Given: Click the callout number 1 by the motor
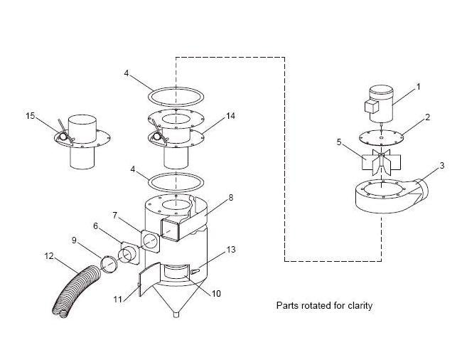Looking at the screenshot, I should coord(418,87).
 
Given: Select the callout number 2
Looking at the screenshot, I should coord(428,117).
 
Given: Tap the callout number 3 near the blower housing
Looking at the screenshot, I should coord(441,165).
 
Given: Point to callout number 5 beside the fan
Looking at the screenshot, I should coord(340,142).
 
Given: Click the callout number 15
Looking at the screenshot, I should coord(30,115).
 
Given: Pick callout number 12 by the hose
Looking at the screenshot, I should coord(48,255).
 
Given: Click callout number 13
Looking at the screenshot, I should coord(230,249).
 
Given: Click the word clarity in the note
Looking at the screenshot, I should coord(358,306).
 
